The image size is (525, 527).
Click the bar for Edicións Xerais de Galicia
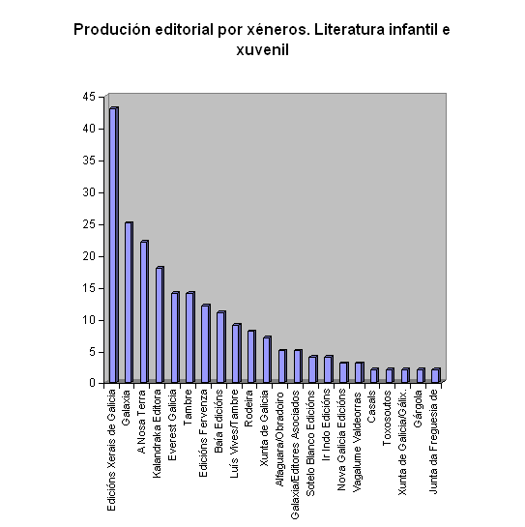114,245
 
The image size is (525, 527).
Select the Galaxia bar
130,302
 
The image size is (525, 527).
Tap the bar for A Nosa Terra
144,311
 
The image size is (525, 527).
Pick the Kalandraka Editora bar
160,325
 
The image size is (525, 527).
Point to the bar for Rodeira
252,357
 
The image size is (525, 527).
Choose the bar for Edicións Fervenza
206,343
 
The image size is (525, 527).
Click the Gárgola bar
421,375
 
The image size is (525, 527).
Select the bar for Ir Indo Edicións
329,369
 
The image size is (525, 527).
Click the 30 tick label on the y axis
89,192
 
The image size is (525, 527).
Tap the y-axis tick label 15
89,288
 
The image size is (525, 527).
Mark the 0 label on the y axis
93,383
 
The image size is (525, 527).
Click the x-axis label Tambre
188,407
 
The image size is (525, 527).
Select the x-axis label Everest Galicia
172,425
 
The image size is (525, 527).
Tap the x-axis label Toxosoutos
387,418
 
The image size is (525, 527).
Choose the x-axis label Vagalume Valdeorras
357,441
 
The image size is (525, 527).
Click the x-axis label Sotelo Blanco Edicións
310,443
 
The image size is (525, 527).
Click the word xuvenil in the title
263,50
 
